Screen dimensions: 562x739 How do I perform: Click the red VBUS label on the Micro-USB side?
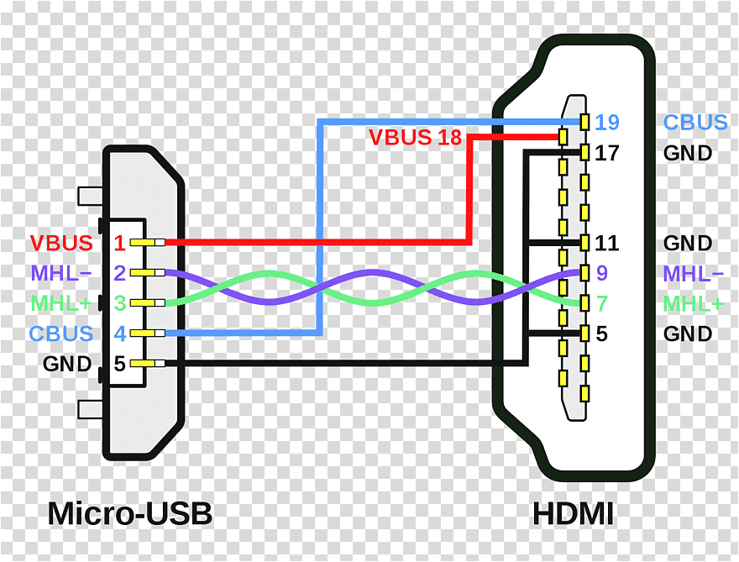pyautogui.click(x=61, y=244)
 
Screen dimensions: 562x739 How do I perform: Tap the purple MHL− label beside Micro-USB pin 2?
pyautogui.click(x=60, y=274)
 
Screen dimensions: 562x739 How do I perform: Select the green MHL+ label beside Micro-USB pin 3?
pyautogui.click(x=60, y=303)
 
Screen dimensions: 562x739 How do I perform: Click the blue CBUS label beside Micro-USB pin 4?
pyautogui.click(x=61, y=334)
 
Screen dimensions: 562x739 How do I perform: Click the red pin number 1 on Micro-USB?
pyautogui.click(x=119, y=244)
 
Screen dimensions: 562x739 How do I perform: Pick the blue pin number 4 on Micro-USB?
pyautogui.click(x=119, y=334)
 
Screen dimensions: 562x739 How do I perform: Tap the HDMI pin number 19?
pyautogui.click(x=606, y=123)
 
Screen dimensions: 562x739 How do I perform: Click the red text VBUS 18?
pyautogui.click(x=416, y=137)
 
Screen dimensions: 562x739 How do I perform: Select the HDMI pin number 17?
pyautogui.click(x=606, y=153)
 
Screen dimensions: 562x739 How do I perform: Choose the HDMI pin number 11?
pyautogui.click(x=606, y=244)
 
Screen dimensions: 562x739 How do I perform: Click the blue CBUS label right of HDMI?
pyautogui.click(x=695, y=123)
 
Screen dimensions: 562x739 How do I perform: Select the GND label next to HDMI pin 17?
pyautogui.click(x=688, y=153)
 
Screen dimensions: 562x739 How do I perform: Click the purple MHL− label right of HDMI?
pyautogui.click(x=693, y=274)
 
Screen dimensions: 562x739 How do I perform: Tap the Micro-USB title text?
pyautogui.click(x=130, y=512)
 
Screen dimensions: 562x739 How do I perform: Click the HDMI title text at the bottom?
pyautogui.click(x=573, y=512)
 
